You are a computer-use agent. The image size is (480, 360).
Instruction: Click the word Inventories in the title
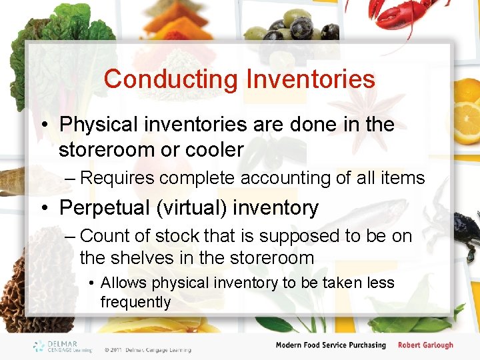point(311,79)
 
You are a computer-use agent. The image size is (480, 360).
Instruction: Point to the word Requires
point(116,178)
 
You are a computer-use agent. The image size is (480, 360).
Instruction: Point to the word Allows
point(123,283)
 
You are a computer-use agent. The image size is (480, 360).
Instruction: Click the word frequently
point(135,302)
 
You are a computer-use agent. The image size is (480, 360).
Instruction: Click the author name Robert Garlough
point(425,345)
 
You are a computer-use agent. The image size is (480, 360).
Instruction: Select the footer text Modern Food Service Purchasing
point(331,345)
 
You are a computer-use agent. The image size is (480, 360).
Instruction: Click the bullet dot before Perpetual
point(45,208)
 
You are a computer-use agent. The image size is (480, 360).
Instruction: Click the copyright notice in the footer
point(147,349)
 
